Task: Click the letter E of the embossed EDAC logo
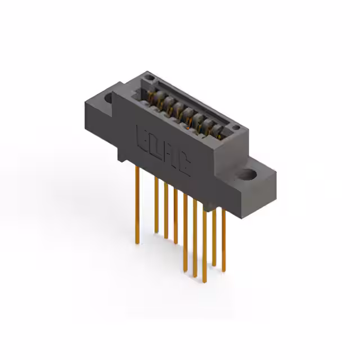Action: [142, 137]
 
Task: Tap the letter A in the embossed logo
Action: [170, 156]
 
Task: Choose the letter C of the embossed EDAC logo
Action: [183, 165]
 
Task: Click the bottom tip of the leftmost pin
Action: [137, 243]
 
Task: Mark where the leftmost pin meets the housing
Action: [137, 168]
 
